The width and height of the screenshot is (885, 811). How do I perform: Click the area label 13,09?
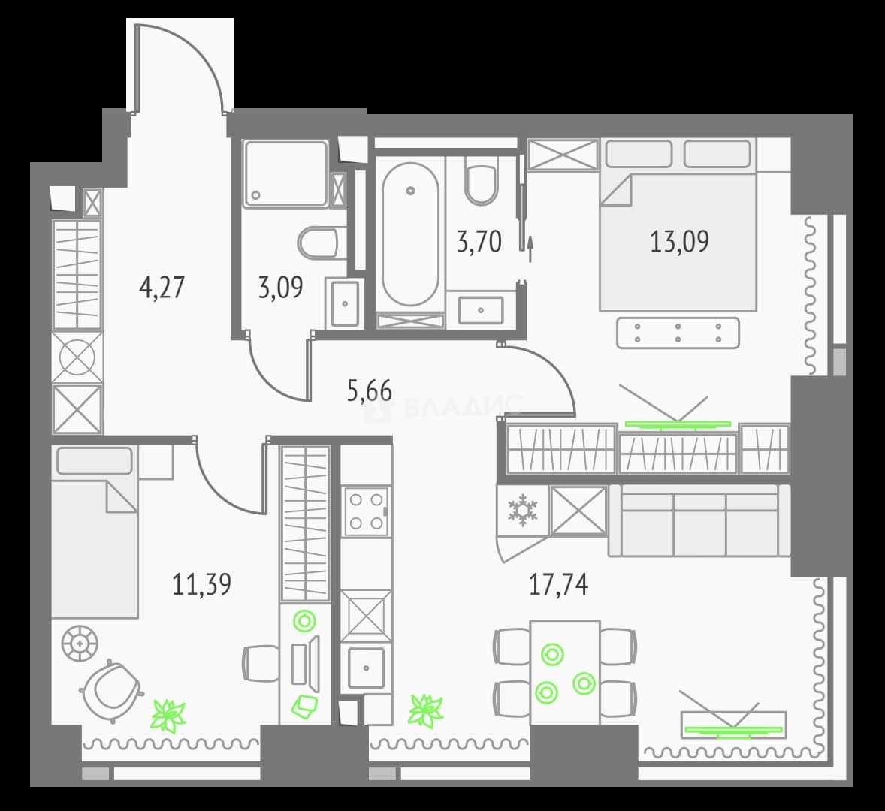pos(679,241)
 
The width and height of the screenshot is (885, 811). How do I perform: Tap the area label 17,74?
pos(558,584)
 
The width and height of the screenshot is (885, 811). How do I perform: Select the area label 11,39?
pos(201,584)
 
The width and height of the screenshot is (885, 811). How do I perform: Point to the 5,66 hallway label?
pos(370,390)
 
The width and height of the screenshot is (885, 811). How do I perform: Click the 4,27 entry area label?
pos(162,287)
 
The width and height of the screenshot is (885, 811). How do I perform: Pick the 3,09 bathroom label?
pos(280,287)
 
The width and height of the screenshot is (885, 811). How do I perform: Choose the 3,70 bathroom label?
pos(479,242)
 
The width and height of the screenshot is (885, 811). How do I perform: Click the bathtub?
pos(410,234)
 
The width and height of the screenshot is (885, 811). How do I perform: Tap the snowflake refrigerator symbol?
pos(523,511)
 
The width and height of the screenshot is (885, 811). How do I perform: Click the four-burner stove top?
pos(367,511)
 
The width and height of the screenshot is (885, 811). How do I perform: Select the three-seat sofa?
pos(699,520)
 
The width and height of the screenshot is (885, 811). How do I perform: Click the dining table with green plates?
pos(565,671)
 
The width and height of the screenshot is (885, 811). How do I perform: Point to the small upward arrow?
pos(530,249)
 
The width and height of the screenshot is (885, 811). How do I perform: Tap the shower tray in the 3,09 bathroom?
pos(285,173)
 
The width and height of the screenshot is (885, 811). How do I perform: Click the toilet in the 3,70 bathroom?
pos(481,180)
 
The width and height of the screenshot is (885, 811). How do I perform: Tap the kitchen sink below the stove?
pos(367,668)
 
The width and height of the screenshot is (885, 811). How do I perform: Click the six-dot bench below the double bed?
pos(678,333)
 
